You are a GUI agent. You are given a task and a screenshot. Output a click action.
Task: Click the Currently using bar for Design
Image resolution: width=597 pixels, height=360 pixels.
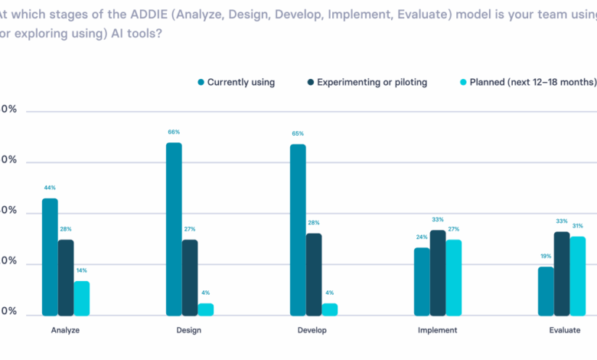coord(174,229)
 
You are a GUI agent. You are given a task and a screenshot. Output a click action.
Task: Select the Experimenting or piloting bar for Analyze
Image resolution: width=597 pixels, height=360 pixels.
coord(66,277)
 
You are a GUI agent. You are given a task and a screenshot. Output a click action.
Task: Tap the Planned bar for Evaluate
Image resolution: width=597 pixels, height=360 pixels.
coord(577,276)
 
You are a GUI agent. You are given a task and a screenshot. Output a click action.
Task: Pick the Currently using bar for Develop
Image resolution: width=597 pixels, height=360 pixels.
coord(298,230)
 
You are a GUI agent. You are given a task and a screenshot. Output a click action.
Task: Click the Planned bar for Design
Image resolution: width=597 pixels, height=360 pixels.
coord(206,309)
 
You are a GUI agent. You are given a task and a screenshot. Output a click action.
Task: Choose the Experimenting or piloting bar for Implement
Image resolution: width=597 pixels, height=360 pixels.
coord(438,273)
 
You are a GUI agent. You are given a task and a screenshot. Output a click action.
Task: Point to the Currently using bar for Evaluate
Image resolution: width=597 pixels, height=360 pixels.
coord(545,291)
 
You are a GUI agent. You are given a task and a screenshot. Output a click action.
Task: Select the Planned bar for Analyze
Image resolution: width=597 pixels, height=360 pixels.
coord(82,298)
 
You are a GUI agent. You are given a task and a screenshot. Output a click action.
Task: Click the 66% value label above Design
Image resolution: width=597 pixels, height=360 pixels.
coord(174,133)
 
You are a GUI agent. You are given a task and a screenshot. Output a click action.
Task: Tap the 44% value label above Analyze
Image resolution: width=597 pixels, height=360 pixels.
coord(50,188)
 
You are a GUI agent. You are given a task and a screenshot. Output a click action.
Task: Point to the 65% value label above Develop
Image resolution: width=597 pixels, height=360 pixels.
coord(298,134)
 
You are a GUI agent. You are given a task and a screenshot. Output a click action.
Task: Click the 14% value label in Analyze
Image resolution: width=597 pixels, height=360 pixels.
coord(82,270)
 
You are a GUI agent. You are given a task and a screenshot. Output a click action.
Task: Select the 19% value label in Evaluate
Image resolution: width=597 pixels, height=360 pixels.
coord(545,257)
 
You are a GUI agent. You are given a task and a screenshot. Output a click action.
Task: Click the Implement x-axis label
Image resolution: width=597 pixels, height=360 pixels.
coord(438,330)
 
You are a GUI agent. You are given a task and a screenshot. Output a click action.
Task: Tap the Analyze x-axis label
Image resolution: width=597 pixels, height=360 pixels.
coord(66,330)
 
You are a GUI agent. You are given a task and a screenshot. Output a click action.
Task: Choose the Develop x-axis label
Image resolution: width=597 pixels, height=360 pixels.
coord(312,330)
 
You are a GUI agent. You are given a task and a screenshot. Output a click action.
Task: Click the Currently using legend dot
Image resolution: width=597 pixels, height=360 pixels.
coord(201,82)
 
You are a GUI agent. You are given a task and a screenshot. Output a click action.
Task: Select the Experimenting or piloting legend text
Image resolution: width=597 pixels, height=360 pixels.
coord(371,82)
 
